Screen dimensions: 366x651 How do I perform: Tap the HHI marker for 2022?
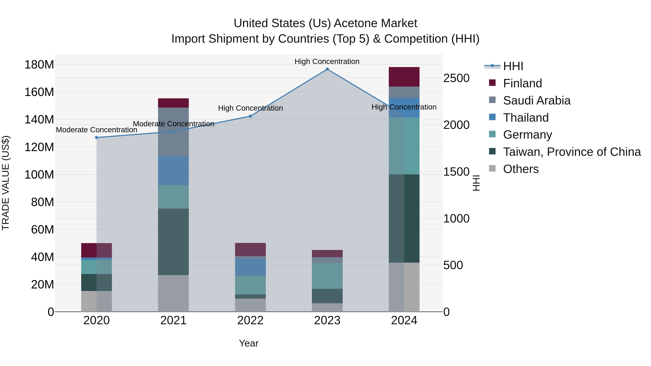(x=250, y=116)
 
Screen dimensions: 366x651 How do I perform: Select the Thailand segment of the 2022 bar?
(x=250, y=267)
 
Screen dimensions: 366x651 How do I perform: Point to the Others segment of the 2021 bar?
(x=173, y=293)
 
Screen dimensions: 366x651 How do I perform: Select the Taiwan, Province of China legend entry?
(x=572, y=152)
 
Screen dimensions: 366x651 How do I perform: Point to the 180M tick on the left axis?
(x=39, y=65)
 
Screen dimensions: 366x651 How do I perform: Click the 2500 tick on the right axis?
(x=456, y=78)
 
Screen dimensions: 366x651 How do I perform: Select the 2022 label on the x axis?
(x=250, y=320)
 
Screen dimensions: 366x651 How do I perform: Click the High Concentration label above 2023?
(x=327, y=61)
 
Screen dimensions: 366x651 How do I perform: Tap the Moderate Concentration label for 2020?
(x=97, y=130)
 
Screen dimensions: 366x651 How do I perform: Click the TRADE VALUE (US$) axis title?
(x=6, y=183)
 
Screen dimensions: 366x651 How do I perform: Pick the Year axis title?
(x=249, y=343)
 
